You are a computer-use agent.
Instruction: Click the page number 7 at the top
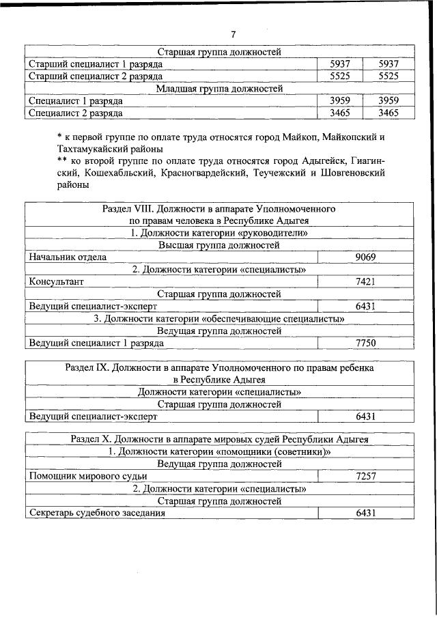point(233,34)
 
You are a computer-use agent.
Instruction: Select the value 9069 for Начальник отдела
point(366,257)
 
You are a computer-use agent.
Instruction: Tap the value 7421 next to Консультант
point(366,281)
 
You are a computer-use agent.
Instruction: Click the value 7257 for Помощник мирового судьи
point(366,476)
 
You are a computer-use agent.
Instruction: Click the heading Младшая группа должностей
point(219,88)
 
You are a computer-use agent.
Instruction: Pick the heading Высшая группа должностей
point(219,244)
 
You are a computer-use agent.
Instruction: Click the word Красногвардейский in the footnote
point(206,173)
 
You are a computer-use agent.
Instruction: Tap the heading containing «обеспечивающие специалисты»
point(219,318)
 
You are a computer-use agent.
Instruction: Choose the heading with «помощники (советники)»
point(219,451)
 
